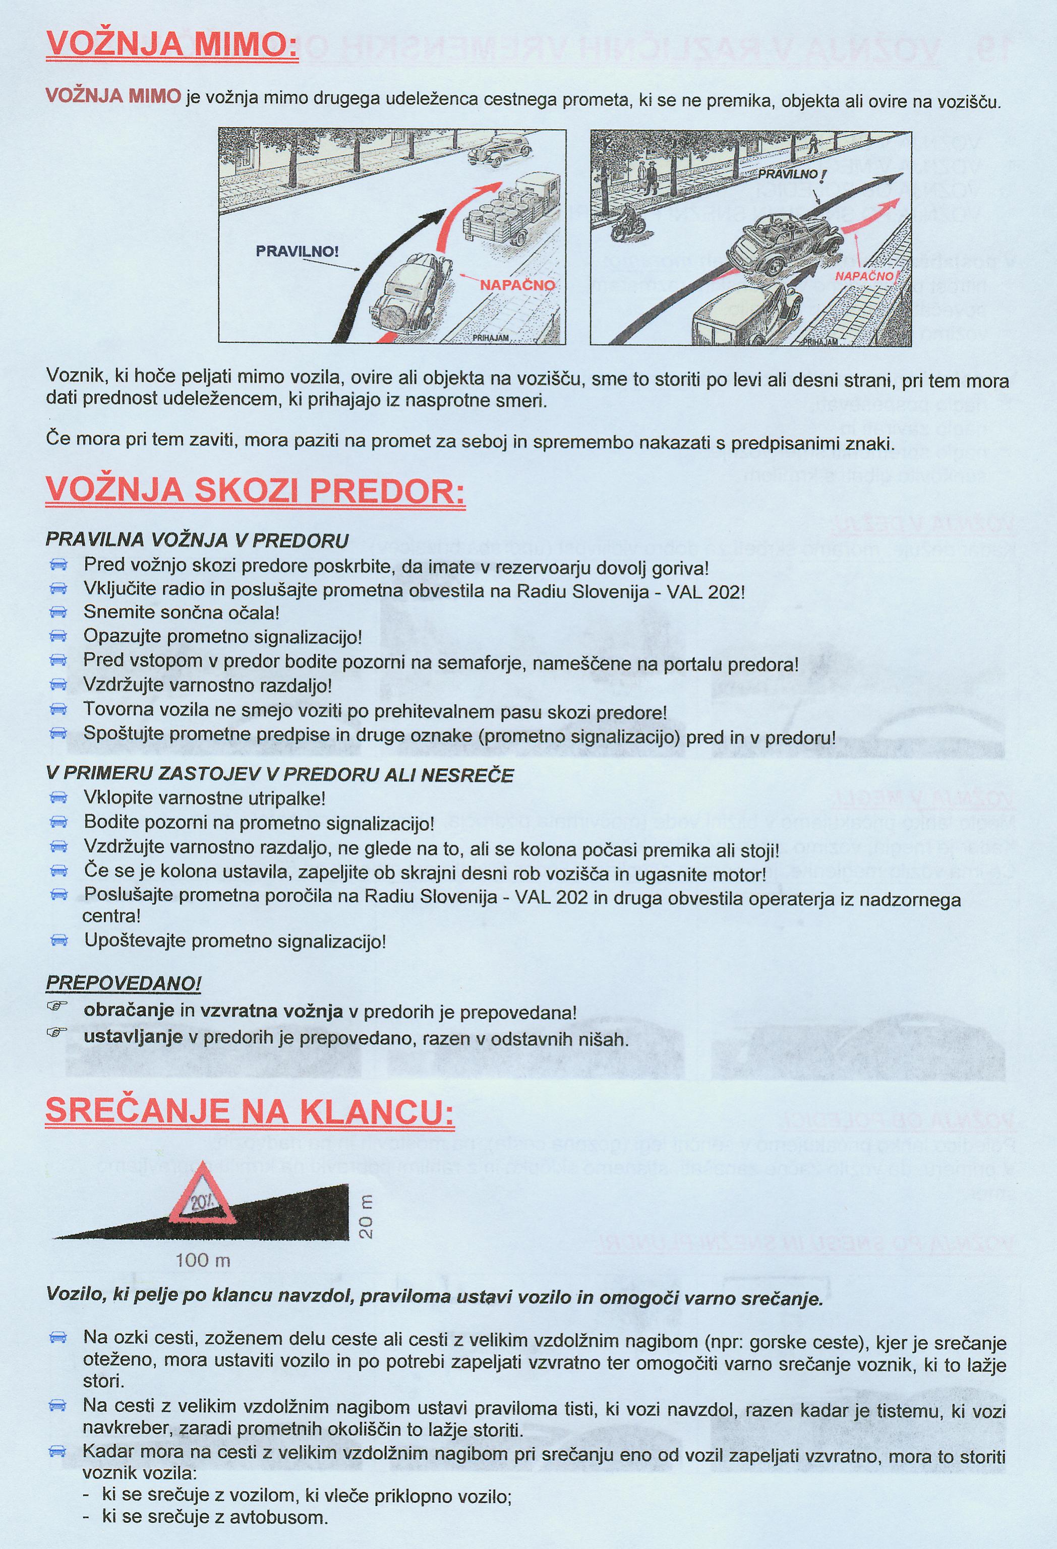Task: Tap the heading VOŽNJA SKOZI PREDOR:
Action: click(255, 491)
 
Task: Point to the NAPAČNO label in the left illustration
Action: click(517, 285)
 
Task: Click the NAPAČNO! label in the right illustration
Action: click(867, 275)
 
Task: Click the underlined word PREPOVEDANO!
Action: click(124, 983)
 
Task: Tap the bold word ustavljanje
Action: click(133, 1038)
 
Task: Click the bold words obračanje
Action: click(128, 1011)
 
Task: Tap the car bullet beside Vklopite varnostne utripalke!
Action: click(58, 798)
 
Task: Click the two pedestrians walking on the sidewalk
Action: click(646, 177)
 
